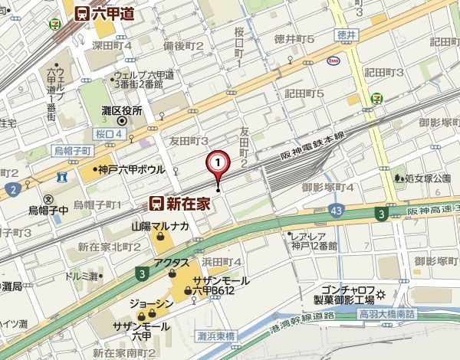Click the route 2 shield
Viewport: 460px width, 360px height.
(11, 189)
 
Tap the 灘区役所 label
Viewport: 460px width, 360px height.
(122, 112)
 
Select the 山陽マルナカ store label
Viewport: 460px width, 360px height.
(159, 227)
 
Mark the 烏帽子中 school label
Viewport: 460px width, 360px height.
(49, 208)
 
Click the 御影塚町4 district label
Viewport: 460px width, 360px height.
(327, 187)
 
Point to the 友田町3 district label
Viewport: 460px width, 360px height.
(189, 141)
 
